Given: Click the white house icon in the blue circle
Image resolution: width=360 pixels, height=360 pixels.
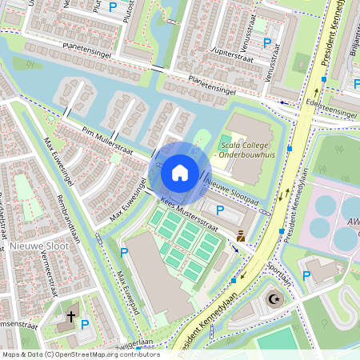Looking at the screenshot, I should click(x=180, y=172).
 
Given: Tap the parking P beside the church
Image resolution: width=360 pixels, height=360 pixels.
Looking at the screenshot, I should click(x=86, y=325).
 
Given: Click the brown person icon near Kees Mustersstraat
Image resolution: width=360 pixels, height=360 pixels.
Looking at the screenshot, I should click(x=240, y=236).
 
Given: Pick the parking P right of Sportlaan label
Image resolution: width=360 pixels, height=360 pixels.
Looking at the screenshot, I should click(x=306, y=276).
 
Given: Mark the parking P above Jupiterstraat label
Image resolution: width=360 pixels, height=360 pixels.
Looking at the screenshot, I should click(x=266, y=42).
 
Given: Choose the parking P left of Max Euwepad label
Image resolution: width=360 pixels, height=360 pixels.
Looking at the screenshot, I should click(x=124, y=253).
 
